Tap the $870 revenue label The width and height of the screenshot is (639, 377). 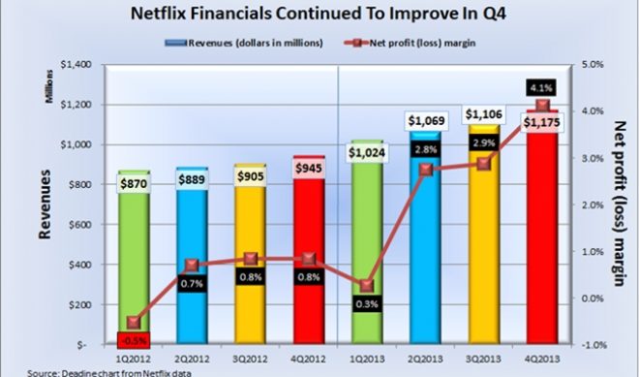tap(134, 184)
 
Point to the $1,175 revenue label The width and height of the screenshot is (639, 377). tap(540, 123)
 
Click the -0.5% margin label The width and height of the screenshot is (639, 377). tap(134, 340)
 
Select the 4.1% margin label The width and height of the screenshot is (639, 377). tap(540, 87)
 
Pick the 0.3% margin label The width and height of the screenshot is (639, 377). tap(366, 304)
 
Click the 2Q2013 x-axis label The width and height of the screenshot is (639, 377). tap(424, 357)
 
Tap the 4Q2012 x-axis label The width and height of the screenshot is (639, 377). tap(308, 357)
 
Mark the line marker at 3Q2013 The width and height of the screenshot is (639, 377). tap(482, 164)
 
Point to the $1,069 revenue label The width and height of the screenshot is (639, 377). tap(424, 120)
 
